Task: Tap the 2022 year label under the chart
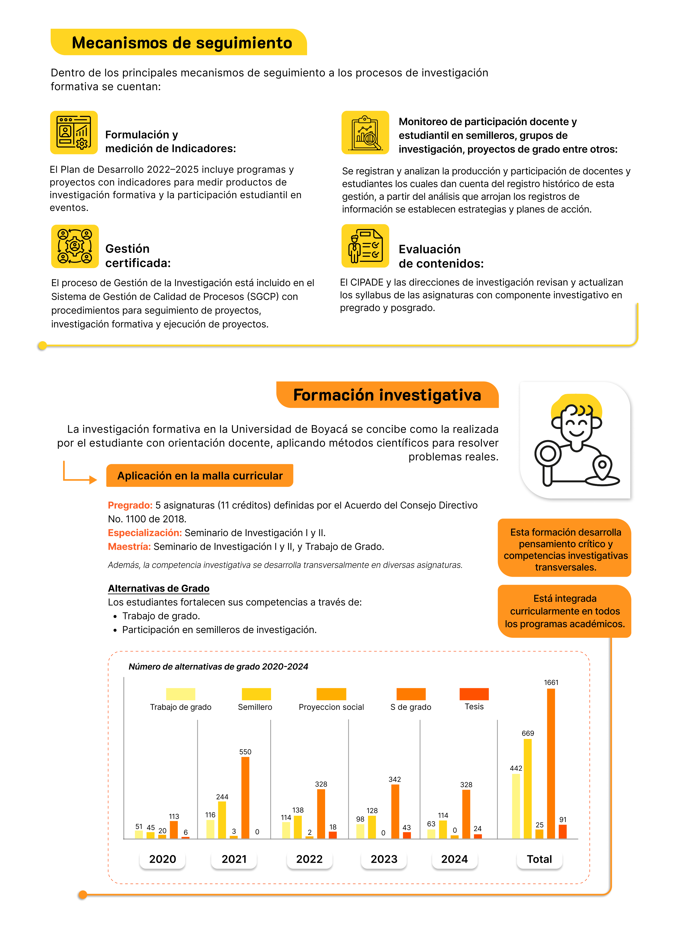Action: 310,859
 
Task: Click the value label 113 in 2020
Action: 174,816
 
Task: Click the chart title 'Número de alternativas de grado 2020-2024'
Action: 218,666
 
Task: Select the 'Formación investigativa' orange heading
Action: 387,395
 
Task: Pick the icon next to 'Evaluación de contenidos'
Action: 365,246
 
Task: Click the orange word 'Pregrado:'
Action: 130,505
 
